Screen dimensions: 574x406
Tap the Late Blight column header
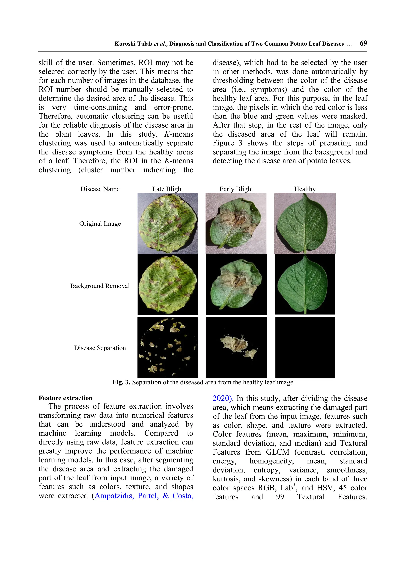click(168, 189)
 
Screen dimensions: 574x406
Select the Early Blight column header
click(236, 189)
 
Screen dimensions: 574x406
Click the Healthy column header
click(305, 189)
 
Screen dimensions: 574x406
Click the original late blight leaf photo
click(168, 223)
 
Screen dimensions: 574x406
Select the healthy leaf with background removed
click(305, 285)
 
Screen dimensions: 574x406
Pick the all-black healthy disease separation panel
click(305, 348)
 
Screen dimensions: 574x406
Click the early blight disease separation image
click(236, 348)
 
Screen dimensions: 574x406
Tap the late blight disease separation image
click(168, 348)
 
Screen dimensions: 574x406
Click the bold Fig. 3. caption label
click(121, 382)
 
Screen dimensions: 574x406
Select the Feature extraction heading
click(66, 398)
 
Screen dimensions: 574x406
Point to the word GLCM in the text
click(277, 452)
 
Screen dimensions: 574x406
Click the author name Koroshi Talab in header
click(133, 44)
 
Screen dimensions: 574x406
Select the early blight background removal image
click(236, 285)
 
